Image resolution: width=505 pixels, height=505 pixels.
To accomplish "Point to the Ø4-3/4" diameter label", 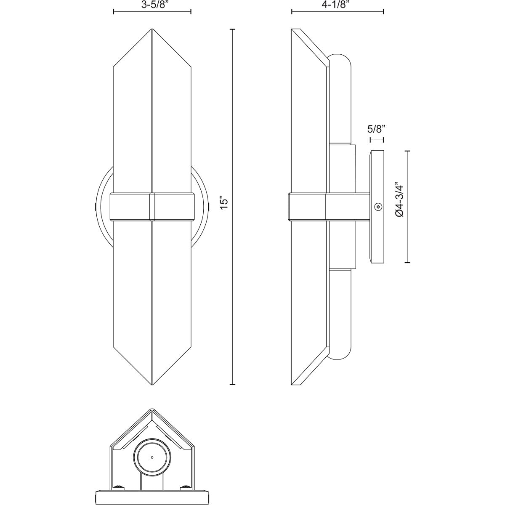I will point(399,199).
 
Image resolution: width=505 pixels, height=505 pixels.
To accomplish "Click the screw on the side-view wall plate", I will point(378,207).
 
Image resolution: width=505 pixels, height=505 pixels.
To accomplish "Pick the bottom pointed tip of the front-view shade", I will point(151,383).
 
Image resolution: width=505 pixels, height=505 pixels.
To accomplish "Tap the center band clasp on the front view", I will point(152,206).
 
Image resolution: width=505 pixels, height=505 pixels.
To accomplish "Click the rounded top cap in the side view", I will point(340,61).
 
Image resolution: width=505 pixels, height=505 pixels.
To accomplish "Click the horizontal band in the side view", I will point(328,206).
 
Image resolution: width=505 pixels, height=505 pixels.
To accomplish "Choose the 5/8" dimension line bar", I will point(376,139).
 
